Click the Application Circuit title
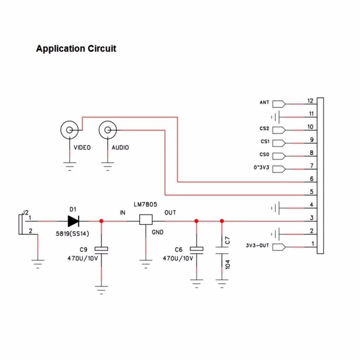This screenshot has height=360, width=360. click(76, 49)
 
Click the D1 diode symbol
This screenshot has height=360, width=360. click(73, 221)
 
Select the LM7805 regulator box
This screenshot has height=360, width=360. click(146, 220)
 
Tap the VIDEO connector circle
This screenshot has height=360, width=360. click(69, 130)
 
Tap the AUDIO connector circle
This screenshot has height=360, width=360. click(108, 130)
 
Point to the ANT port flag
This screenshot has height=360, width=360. click(279, 104)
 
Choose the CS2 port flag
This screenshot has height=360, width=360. click(279, 130)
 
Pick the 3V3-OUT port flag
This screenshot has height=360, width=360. click(279, 247)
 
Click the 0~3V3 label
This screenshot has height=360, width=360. click(261, 167)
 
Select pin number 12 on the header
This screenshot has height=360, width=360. click(310, 101)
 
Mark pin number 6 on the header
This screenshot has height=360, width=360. click(311, 179)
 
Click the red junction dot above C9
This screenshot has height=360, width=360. click(101, 221)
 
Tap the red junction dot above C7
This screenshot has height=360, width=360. click(222, 221)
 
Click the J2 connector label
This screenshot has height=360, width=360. click(25, 212)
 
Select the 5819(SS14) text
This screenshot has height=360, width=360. click(72, 234)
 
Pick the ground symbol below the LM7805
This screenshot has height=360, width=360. click(146, 264)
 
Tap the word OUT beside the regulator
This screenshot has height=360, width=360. click(170, 213)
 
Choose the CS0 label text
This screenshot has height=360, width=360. click(264, 154)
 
